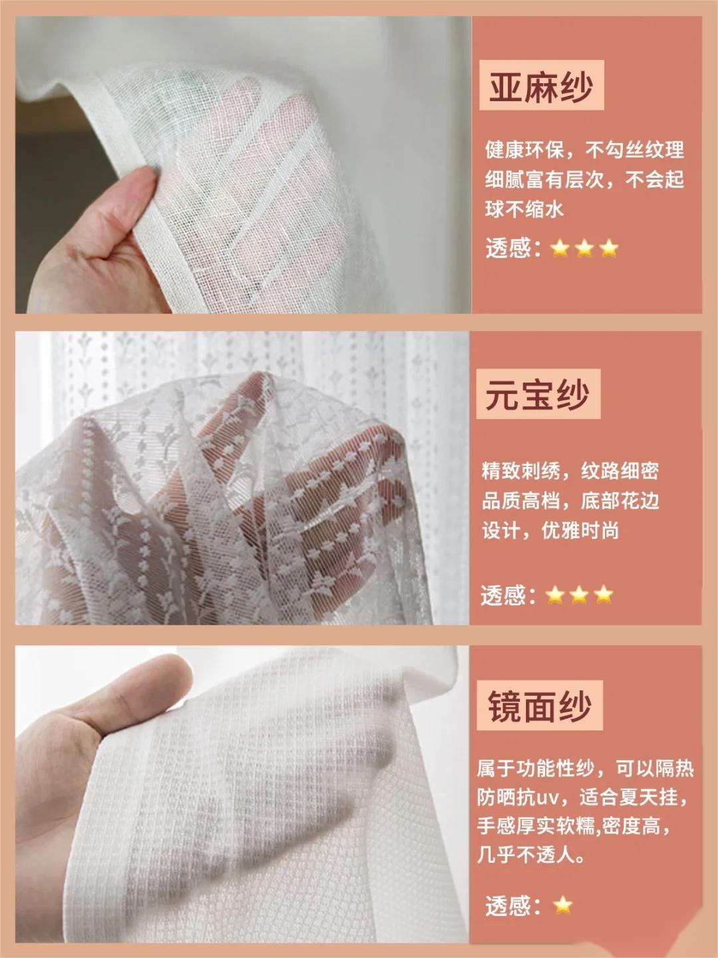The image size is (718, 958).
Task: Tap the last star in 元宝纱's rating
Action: [604, 595]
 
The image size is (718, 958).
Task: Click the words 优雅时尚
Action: [580, 531]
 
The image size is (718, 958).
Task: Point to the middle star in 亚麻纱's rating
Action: [584, 249]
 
